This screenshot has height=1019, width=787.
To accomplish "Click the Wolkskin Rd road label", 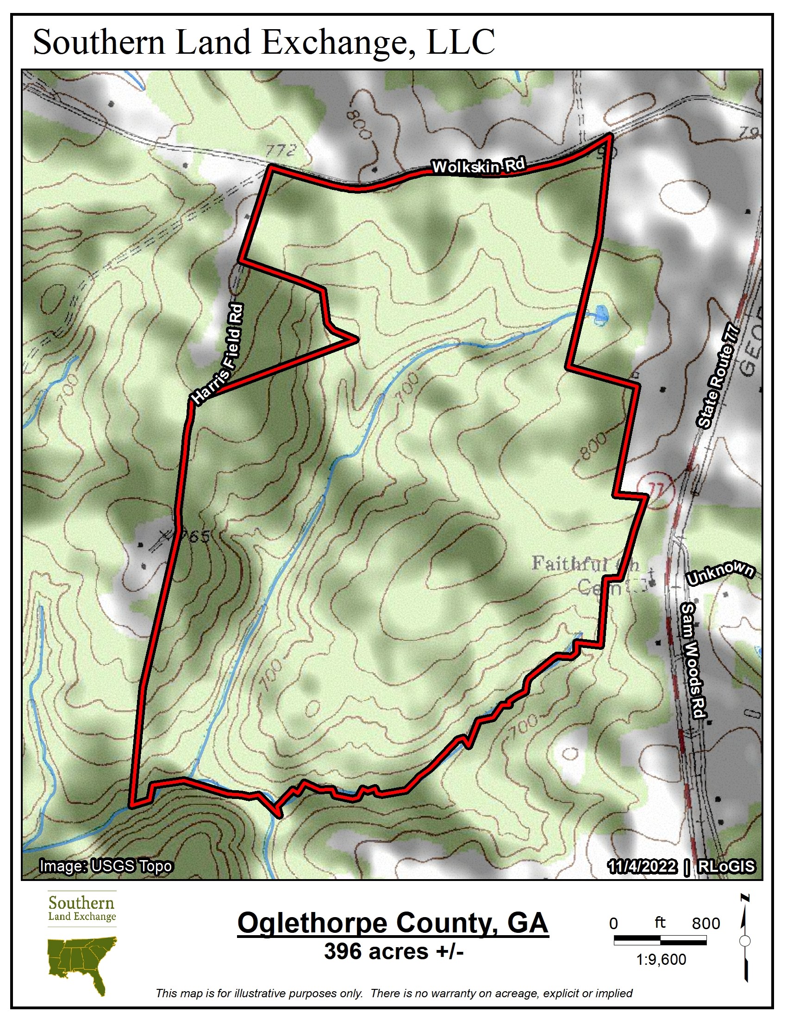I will (478, 166).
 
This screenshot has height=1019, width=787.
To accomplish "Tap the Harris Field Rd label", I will (218, 353).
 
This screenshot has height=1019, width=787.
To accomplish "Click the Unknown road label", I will (720, 573).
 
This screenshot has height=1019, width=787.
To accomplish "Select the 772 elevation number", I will (281, 150).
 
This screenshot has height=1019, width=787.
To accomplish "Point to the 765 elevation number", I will (195, 536).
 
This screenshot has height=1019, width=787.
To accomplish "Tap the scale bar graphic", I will (660, 941).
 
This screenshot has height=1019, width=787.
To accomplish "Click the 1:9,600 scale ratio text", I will (661, 960).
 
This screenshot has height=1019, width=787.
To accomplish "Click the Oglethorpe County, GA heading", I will (393, 922).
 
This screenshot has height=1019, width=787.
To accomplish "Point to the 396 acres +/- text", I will (394, 951).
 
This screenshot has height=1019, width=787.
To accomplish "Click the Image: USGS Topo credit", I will (106, 866).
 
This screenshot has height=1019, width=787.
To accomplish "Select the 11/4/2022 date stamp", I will (642, 867).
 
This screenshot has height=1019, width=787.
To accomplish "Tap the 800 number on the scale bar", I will (706, 923).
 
